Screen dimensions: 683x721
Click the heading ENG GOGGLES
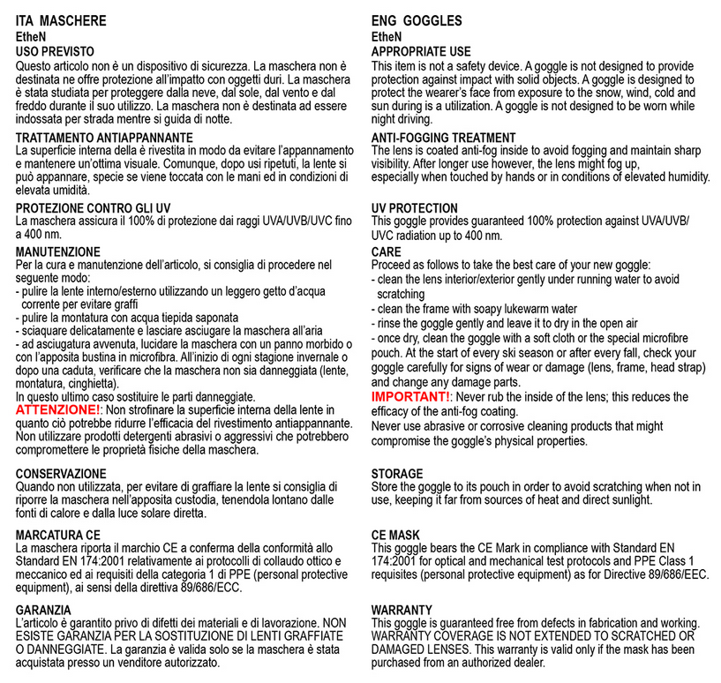[417, 20]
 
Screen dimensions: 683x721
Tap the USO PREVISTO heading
[55, 52]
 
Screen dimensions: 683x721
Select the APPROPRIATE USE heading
[421, 52]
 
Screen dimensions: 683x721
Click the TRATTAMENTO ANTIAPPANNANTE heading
[105, 138]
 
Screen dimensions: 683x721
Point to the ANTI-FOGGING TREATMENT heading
[443, 138]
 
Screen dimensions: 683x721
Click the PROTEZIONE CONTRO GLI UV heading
[93, 207]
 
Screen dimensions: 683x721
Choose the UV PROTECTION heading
[414, 208]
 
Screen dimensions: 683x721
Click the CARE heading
[387, 251]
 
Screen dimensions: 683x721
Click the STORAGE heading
[396, 474]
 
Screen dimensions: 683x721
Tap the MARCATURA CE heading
[58, 535]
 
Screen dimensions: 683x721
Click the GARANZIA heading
[44, 610]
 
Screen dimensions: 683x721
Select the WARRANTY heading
[402, 610]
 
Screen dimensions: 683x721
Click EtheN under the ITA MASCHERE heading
[32, 38]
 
